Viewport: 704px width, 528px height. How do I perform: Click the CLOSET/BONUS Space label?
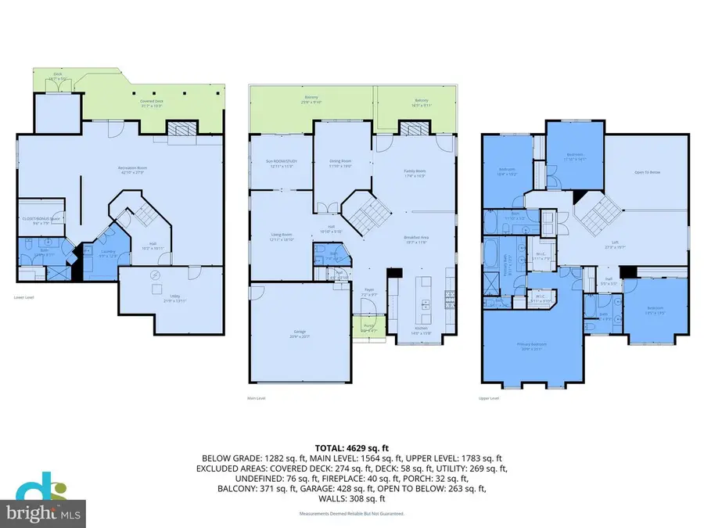(x=40, y=221)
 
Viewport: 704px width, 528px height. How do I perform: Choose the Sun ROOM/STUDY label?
(x=281, y=165)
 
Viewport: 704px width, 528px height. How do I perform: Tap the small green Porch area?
(x=362, y=327)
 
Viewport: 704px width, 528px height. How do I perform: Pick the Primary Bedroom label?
(x=530, y=344)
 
